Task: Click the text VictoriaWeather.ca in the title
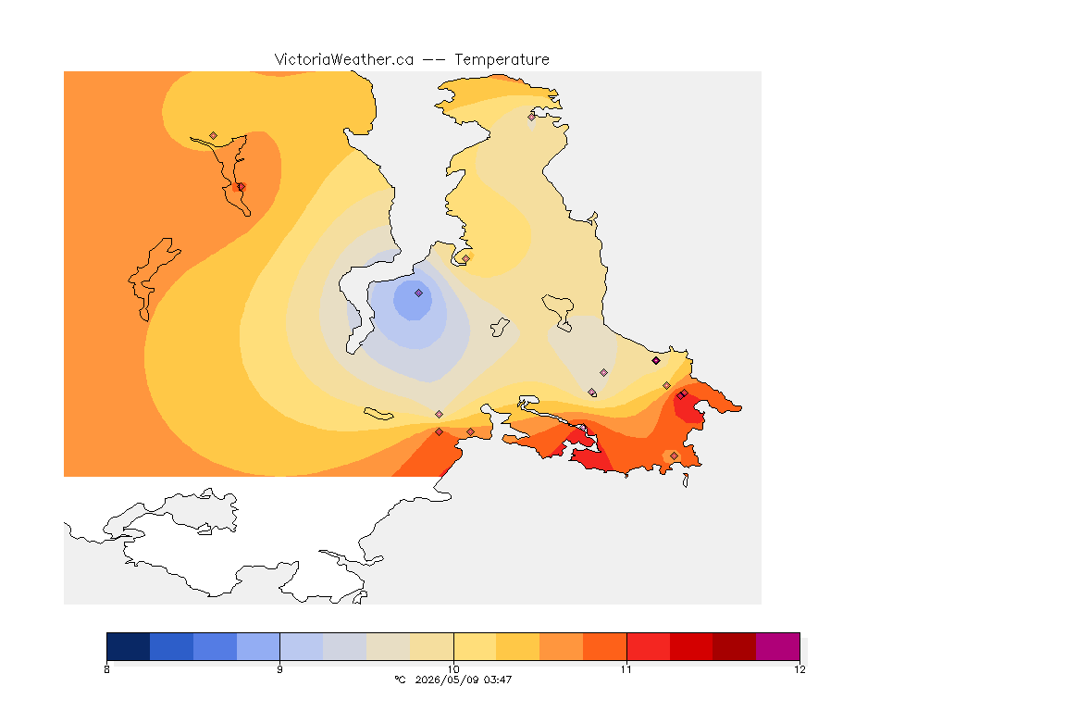(344, 60)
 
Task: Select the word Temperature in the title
(502, 60)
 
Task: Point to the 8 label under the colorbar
(106, 669)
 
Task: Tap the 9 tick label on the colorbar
(280, 669)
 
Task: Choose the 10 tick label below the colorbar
(453, 669)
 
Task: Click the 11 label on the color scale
(626, 669)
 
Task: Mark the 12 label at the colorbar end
(799, 669)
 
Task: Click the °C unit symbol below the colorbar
(401, 680)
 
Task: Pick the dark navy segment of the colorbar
(129, 646)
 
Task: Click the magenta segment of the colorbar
(777, 646)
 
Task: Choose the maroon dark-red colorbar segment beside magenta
(734, 646)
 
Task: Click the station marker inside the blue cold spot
(419, 293)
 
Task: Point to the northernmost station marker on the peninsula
(532, 117)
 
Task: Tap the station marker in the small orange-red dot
(241, 186)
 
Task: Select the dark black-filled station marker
(656, 361)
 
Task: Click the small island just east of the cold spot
(500, 328)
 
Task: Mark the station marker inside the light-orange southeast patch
(674, 455)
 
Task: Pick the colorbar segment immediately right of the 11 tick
(648, 646)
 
